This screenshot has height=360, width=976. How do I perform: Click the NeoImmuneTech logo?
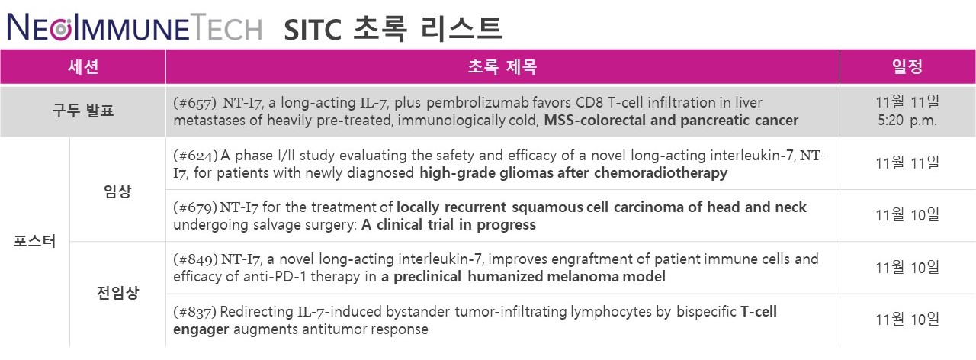[x=135, y=27]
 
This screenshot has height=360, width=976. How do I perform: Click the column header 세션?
[x=83, y=66]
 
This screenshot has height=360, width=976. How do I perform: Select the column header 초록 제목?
[x=502, y=66]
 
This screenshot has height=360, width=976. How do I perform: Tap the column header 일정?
[x=907, y=66]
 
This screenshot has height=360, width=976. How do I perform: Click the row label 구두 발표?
[x=83, y=111]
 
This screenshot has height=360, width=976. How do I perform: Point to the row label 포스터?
[x=35, y=241]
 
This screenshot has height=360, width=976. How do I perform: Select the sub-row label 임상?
[x=117, y=191]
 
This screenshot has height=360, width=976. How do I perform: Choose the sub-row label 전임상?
[x=117, y=292]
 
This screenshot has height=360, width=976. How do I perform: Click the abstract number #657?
[x=194, y=103]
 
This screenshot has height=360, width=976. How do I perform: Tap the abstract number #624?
[x=196, y=156]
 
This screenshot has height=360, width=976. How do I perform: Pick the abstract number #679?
[x=195, y=207]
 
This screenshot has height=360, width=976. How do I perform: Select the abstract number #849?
[x=196, y=260]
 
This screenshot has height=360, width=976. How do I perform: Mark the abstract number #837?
[x=194, y=312]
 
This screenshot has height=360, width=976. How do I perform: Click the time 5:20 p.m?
[x=907, y=121]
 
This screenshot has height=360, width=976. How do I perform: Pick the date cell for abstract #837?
[x=907, y=320]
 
